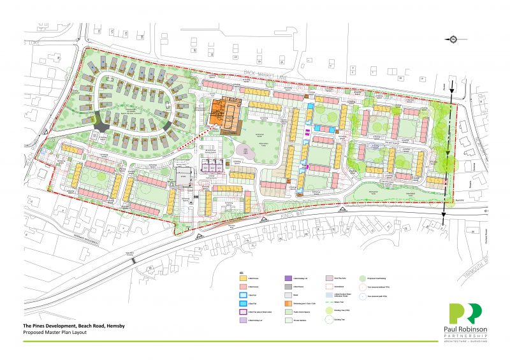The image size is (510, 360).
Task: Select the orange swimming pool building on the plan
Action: pos(225,113)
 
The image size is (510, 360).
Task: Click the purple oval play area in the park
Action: pos(242,151)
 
